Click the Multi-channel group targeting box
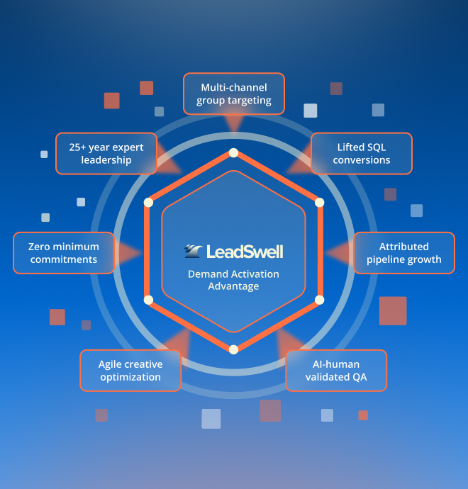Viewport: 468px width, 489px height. point(234,94)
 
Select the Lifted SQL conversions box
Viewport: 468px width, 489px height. point(362,154)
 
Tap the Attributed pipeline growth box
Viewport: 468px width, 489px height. point(404,253)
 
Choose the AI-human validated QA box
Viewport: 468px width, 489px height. point(336,371)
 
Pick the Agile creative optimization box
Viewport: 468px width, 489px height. point(130,371)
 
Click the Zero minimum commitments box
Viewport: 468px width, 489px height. point(64,253)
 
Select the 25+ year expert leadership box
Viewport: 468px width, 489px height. point(106,154)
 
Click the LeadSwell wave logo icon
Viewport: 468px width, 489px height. point(193,251)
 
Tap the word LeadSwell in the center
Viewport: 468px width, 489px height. point(245,252)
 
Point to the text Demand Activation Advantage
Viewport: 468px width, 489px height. point(234,280)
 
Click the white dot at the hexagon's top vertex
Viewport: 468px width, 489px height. point(234,152)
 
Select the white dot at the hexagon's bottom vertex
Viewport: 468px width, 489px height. point(234,349)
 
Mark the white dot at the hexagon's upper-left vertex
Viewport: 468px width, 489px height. point(148,203)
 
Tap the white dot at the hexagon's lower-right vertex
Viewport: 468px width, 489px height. point(320,300)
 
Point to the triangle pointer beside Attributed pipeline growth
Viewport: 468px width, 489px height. point(340,252)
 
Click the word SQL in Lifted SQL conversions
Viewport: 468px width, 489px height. point(376,147)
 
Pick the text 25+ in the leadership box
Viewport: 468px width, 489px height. point(77,147)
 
